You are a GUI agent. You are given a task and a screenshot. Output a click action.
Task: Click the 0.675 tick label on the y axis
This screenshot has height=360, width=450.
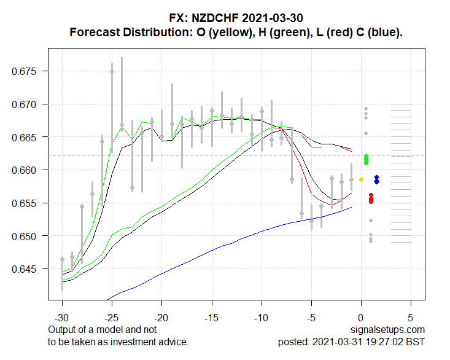pos(25,71)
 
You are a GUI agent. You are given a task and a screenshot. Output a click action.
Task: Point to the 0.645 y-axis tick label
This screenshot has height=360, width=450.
pos(25,269)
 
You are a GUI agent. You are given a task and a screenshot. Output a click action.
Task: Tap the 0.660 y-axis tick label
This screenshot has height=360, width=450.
pos(25,170)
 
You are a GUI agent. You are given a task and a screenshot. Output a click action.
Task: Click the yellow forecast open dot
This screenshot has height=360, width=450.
pos(361,179)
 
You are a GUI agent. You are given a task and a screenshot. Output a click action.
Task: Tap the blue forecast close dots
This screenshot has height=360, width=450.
pos(376,179)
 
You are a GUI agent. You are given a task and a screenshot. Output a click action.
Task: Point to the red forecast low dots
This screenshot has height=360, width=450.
pos(371,198)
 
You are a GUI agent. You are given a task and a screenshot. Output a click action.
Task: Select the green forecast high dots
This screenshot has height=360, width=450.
pos(366,160)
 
